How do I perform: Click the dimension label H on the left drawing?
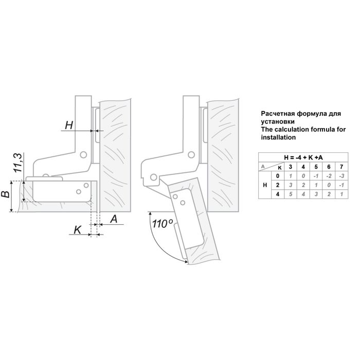point(69,124)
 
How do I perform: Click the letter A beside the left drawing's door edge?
point(114,220)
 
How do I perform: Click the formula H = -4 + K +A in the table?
point(303,157)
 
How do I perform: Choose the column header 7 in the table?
point(339,167)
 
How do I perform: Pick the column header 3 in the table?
point(291,167)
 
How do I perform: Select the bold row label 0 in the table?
point(277,175)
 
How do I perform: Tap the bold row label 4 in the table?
point(277,194)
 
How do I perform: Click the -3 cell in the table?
point(339,175)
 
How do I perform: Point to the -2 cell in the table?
point(327,175)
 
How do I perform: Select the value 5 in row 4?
point(291,194)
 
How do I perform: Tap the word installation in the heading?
point(279,138)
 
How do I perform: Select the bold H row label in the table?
point(264,185)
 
